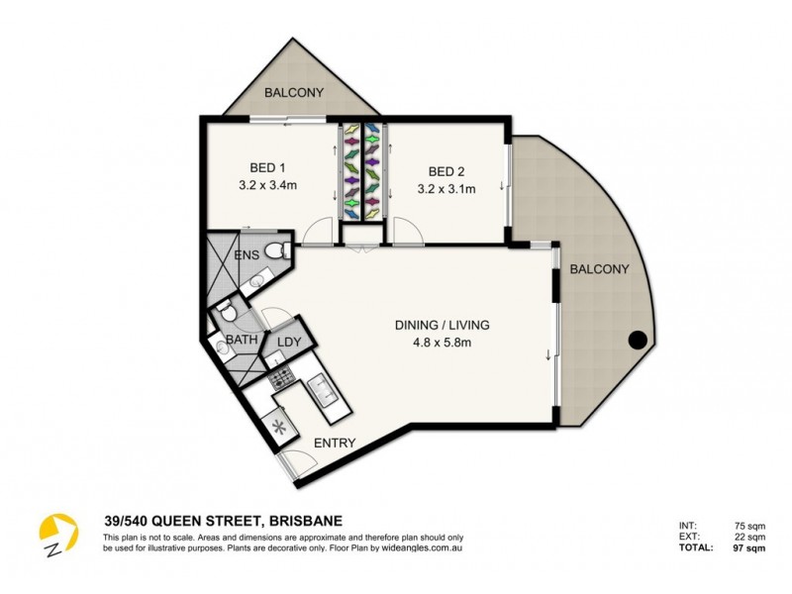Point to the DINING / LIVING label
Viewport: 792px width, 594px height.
click(x=443, y=325)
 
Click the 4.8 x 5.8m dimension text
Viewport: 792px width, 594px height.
click(x=443, y=343)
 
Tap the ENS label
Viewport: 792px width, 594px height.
click(x=247, y=255)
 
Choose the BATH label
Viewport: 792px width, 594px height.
click(x=242, y=340)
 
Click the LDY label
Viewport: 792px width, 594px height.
click(x=289, y=342)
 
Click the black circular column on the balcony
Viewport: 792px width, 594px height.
click(x=639, y=342)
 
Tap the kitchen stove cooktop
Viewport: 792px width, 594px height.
click(x=279, y=375)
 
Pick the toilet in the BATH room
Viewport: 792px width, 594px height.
click(x=227, y=312)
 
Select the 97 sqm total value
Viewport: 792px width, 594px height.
click(x=748, y=547)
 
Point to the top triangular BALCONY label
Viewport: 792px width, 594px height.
click(x=294, y=93)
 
